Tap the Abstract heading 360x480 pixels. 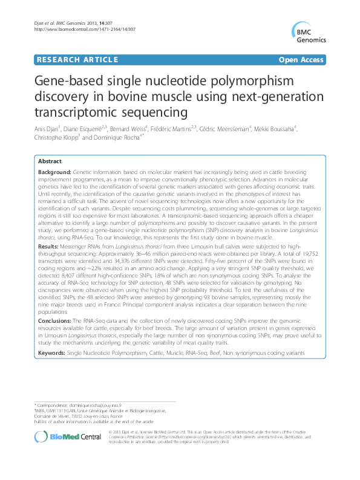click(49, 161)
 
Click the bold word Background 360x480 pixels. click(53, 172)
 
